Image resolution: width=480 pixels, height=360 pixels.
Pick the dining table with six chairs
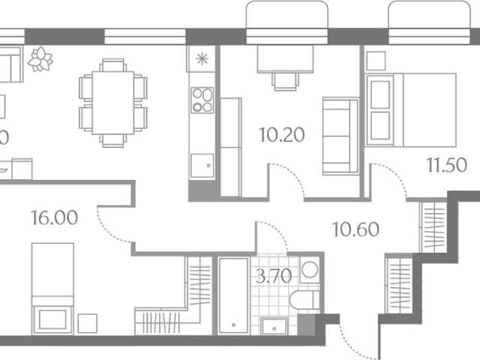pyautogui.click(x=112, y=103)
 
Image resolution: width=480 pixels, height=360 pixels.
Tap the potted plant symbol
pyautogui.click(x=41, y=58)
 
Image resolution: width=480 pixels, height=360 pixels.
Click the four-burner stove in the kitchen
pyautogui.click(x=202, y=99)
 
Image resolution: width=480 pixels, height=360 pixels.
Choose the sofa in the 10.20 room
pyautogui.click(x=339, y=135)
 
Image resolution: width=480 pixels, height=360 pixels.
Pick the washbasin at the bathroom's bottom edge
pyautogui.click(x=271, y=325)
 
